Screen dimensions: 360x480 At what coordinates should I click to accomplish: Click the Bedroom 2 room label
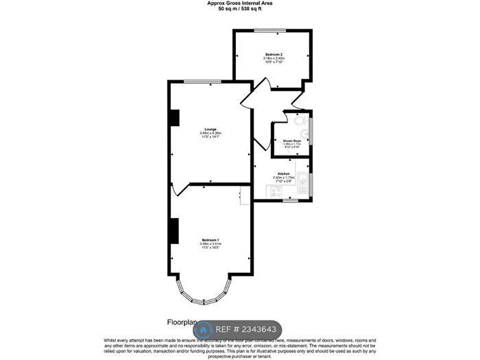tap(274, 53)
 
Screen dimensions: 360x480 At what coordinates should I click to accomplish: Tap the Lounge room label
tap(210, 129)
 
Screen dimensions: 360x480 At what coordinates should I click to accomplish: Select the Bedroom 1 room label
tap(210, 239)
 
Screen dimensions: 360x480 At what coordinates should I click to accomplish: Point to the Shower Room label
tap(292, 140)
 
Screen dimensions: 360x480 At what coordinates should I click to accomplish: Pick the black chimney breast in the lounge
tap(174, 118)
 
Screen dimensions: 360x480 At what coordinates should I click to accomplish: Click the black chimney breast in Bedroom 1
tap(174, 230)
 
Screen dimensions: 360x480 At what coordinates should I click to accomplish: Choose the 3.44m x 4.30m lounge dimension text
tap(210, 133)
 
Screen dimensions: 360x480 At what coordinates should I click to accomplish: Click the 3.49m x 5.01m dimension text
tap(210, 243)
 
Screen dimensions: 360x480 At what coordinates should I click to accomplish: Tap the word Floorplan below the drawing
tap(182, 322)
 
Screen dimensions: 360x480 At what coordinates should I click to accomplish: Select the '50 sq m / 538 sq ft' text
tap(239, 9)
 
